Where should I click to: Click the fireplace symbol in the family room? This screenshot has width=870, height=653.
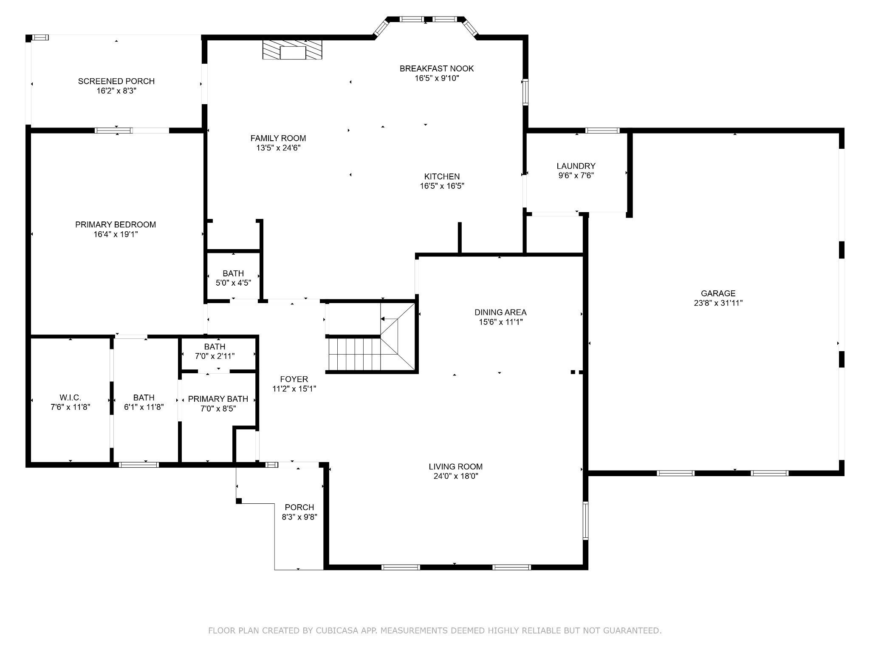[x=292, y=50]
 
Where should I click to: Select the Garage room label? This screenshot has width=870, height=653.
[x=718, y=293]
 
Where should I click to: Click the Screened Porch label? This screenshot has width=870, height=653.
[x=116, y=81]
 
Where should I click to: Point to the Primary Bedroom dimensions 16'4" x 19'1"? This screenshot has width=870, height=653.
[x=116, y=234]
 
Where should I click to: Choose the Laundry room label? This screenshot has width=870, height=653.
[x=576, y=166]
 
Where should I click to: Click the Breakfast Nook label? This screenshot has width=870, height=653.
[x=437, y=68]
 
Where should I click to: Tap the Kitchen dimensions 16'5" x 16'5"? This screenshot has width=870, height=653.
[x=442, y=186]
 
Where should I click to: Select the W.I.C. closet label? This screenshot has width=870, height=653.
[x=70, y=397]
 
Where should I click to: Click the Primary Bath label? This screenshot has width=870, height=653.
[x=218, y=399]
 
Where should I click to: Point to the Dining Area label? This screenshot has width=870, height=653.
[x=500, y=312]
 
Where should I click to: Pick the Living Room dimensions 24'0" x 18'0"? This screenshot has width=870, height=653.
[x=456, y=476]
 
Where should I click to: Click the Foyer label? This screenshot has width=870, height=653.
[x=294, y=379]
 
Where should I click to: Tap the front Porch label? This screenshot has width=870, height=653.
[x=299, y=507]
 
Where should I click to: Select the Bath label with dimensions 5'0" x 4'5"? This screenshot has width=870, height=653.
[x=233, y=273]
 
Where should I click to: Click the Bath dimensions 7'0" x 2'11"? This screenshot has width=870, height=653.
[x=215, y=356]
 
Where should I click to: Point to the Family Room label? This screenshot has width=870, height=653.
[x=278, y=138]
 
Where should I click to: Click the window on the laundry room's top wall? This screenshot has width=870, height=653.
[x=602, y=131]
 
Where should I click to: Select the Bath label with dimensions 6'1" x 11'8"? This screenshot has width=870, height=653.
[x=144, y=397]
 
